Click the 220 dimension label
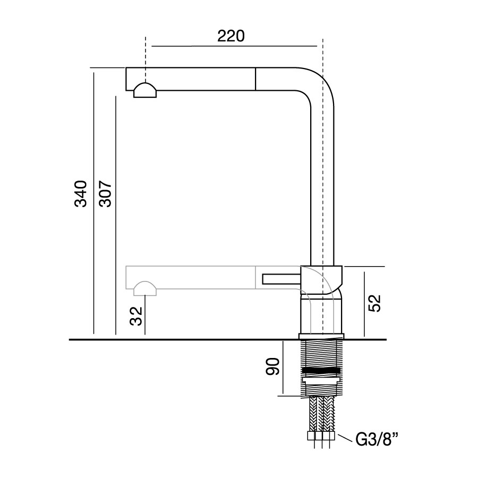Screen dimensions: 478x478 [231, 36]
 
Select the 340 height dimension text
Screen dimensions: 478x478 [81, 194]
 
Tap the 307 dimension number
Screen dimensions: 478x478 [106, 194]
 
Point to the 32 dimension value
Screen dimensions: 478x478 [136, 316]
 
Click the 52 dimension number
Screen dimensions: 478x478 [374, 303]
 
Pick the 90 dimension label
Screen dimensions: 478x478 [272, 366]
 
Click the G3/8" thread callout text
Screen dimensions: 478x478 [377, 439]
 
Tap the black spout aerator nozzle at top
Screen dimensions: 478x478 [145, 90]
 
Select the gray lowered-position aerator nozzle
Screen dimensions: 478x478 [145, 289]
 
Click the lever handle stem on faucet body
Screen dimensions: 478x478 [281, 279]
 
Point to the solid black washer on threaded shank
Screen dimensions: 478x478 [320, 371]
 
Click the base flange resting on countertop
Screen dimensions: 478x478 [321, 336]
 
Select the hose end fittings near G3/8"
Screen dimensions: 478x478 [322, 436]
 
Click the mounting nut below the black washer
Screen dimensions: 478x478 [320, 380]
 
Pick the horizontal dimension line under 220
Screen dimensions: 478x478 [234, 46]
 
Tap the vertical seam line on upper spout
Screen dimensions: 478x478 [255, 79]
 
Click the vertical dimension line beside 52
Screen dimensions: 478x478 [364, 304]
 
